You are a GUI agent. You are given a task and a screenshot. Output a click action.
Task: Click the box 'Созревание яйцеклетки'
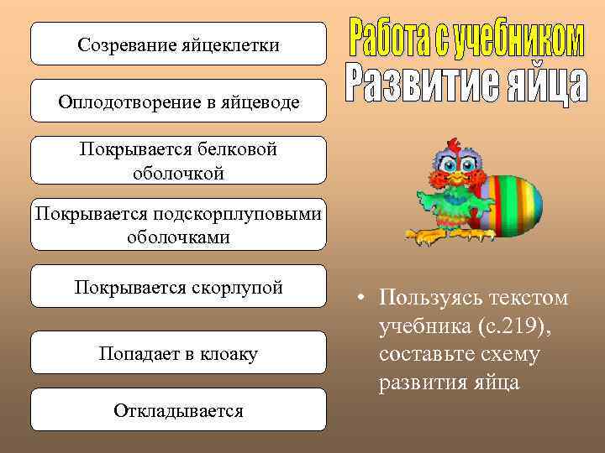[178, 44]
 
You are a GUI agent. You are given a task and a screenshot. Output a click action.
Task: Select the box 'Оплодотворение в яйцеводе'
[178, 102]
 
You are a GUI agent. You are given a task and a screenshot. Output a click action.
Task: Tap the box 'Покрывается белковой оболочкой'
[178, 160]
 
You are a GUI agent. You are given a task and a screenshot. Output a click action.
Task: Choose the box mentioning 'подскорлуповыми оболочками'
[178, 225]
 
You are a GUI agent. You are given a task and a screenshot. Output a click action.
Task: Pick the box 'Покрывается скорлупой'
[178, 287]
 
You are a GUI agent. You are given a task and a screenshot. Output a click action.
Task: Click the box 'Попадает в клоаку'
[178, 353]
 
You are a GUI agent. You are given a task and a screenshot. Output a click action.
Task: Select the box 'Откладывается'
[178, 410]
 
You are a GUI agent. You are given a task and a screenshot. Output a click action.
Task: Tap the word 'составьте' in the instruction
[420, 354]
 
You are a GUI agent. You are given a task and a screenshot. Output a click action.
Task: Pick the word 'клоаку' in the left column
[229, 354]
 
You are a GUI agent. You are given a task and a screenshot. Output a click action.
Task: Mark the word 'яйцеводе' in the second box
[262, 102]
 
